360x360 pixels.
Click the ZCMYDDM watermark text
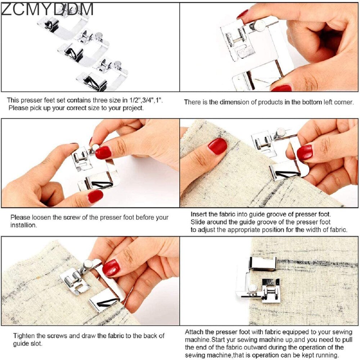click(47, 9)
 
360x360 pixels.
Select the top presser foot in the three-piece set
click(63, 25)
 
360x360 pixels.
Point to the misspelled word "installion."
click(23, 225)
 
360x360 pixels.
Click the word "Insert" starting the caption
click(199, 214)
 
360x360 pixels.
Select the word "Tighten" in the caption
click(25, 336)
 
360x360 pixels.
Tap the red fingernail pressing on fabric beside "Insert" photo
click(217, 146)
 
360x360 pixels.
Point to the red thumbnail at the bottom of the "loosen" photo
click(95, 197)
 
